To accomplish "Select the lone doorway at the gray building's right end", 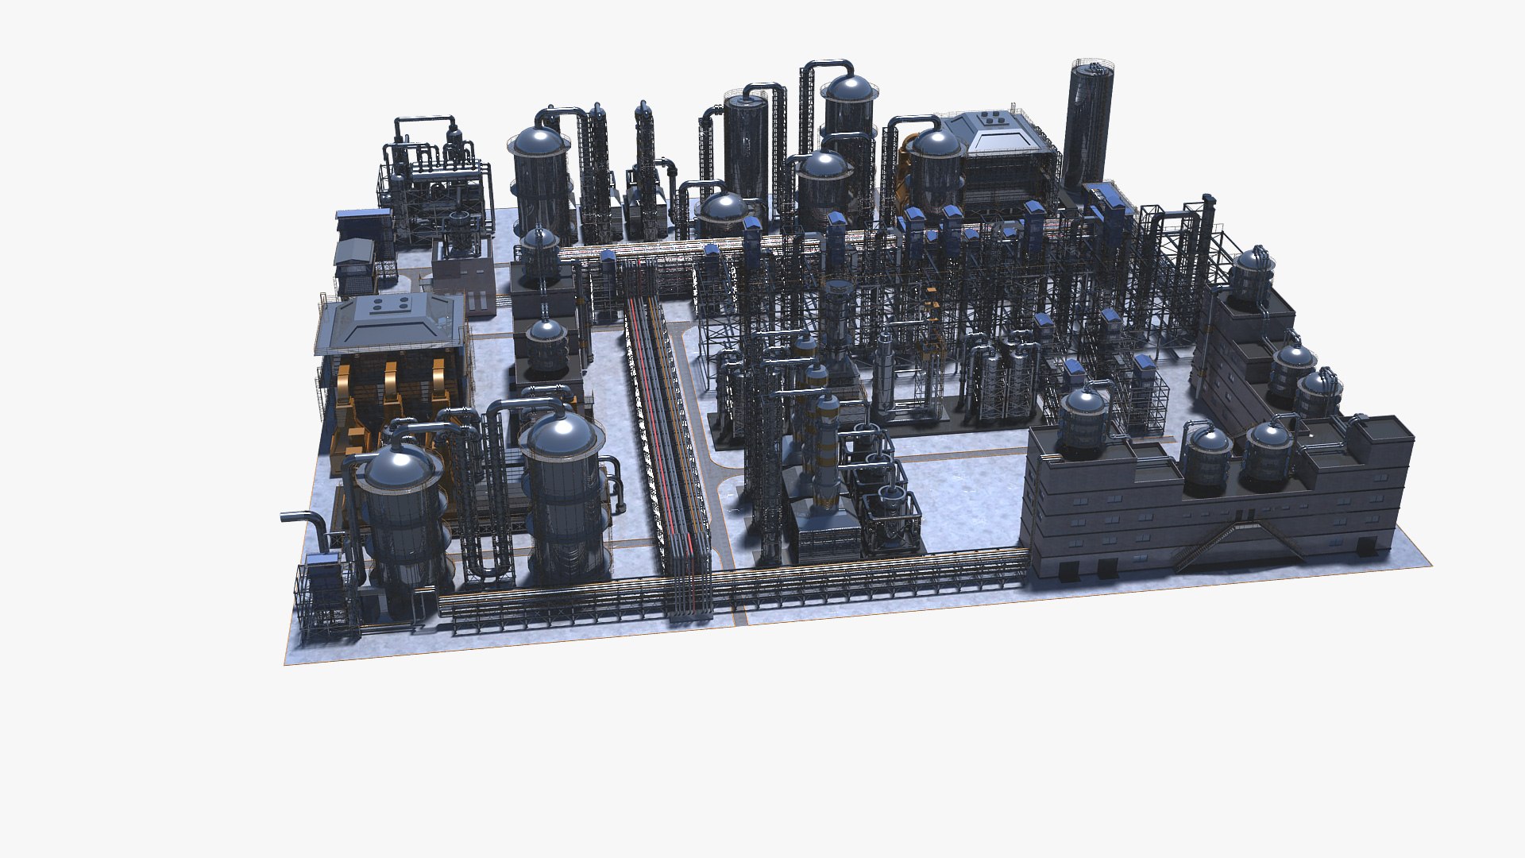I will [x=1367, y=546].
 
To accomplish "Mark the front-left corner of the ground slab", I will [x=286, y=662].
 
